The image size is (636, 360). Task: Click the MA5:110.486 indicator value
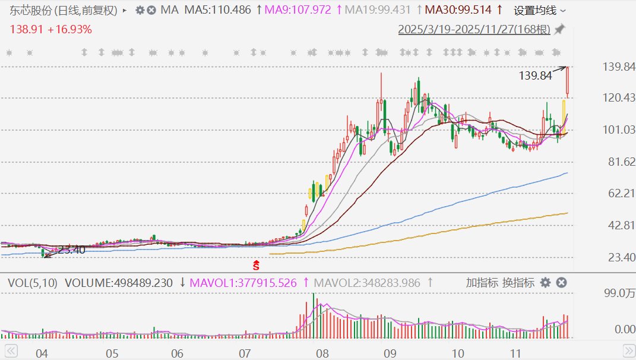coord(217,10)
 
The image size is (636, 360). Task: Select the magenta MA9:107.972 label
coord(298,10)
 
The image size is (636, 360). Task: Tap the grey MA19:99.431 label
coord(378,10)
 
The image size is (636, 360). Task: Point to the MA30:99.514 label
coord(458,10)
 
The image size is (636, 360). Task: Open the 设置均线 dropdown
coord(539,11)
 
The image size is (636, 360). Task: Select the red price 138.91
coord(26,29)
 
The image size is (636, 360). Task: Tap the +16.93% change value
coord(69,29)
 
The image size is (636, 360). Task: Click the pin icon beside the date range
coord(560,29)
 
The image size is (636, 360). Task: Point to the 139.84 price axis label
coord(619,67)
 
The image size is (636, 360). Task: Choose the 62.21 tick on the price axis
coord(621,193)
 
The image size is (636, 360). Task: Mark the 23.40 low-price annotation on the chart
coord(72,250)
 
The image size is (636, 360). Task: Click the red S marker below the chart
coord(256,266)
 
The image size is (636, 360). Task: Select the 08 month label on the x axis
coord(322,353)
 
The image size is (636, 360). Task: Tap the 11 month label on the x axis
coord(515,353)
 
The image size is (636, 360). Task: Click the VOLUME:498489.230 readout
coord(119,283)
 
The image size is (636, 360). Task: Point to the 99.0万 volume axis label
coord(619,293)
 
